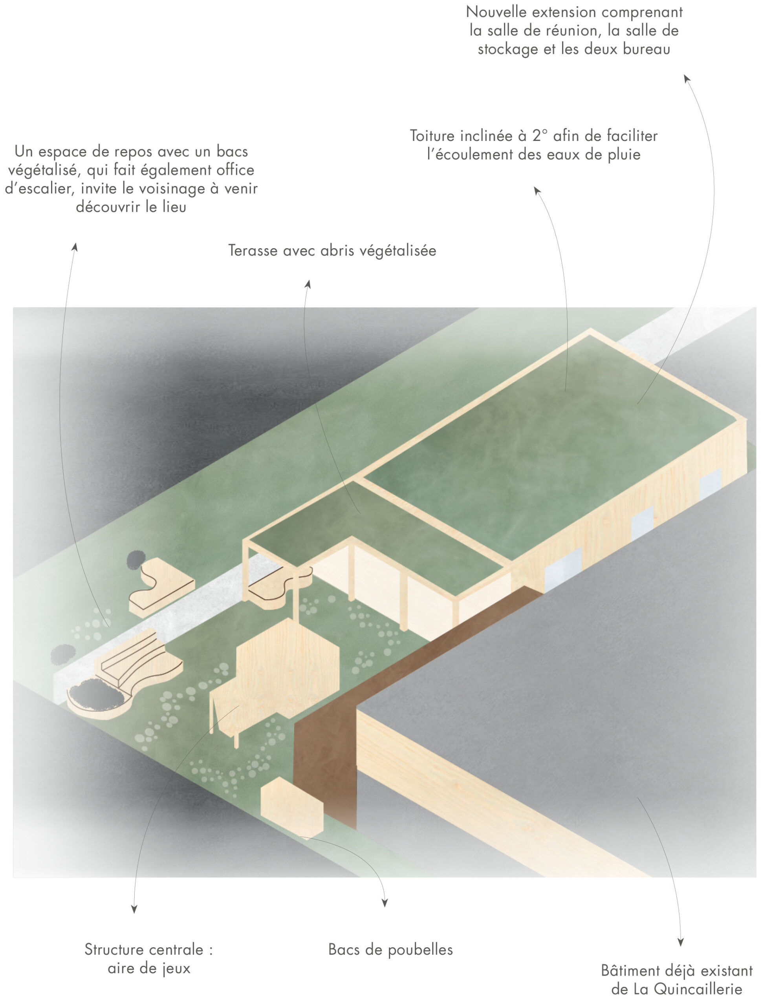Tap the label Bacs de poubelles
(391, 949)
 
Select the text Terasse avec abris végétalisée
(332, 250)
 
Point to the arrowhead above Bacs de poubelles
(385, 903)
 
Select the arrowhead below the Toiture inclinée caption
(537, 190)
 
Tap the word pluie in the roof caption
(624, 154)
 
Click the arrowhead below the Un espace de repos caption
(75, 247)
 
